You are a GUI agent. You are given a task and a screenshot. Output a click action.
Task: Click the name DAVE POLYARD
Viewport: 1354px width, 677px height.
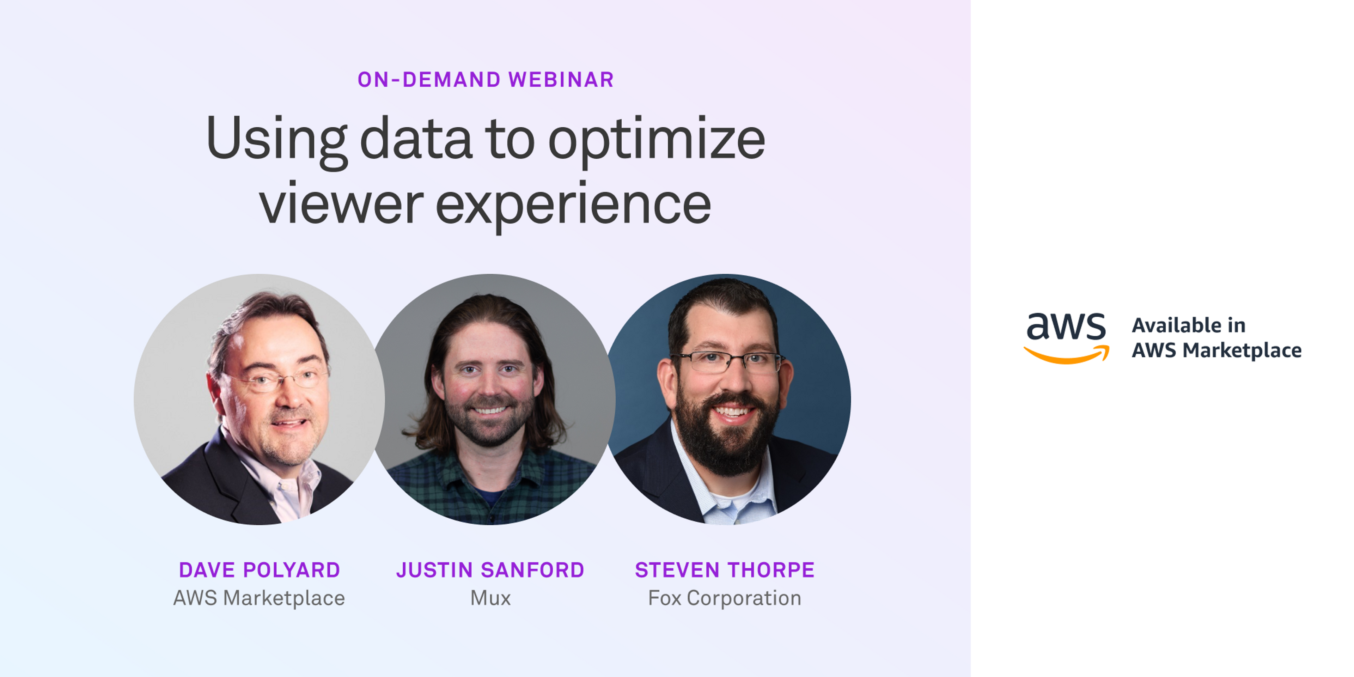coord(260,570)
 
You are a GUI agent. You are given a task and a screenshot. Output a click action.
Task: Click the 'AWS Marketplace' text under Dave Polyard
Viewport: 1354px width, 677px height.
coord(259,598)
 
